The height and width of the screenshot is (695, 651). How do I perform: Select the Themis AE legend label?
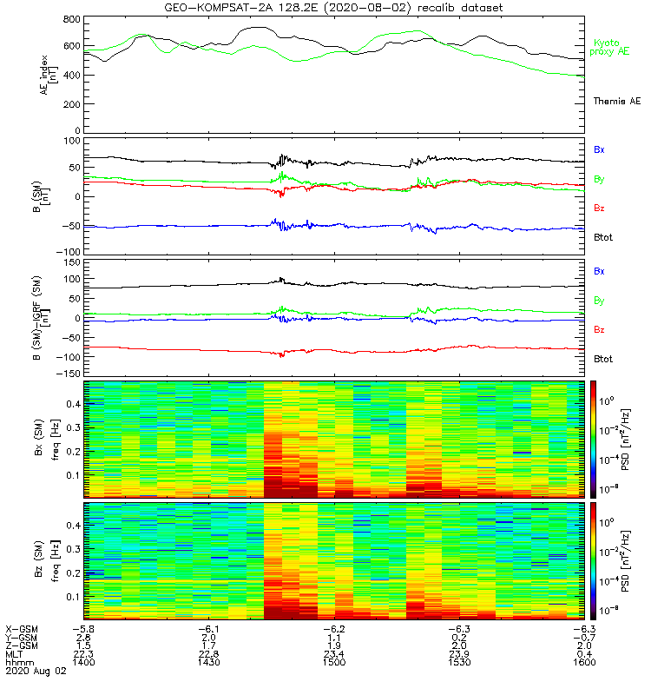616,102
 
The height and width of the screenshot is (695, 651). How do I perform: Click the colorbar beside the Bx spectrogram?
595,439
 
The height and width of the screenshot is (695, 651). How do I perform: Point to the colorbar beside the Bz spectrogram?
595,560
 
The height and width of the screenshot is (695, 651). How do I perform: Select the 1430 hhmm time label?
208,663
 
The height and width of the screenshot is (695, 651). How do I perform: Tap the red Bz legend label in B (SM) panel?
600,208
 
